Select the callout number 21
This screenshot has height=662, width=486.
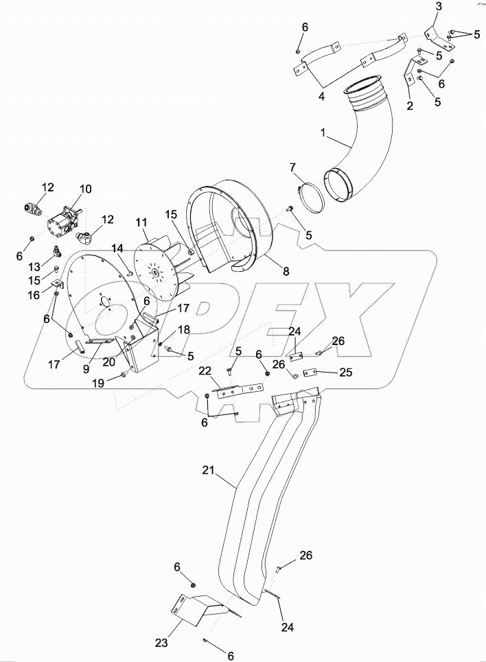pyautogui.click(x=209, y=470)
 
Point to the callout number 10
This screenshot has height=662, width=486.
pyautogui.click(x=85, y=189)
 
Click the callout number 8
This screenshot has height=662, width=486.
pyautogui.click(x=286, y=272)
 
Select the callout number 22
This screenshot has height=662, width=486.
pyautogui.click(x=205, y=370)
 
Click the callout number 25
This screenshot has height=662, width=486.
pyautogui.click(x=347, y=373)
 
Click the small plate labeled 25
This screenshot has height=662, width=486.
pyautogui.click(x=308, y=372)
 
